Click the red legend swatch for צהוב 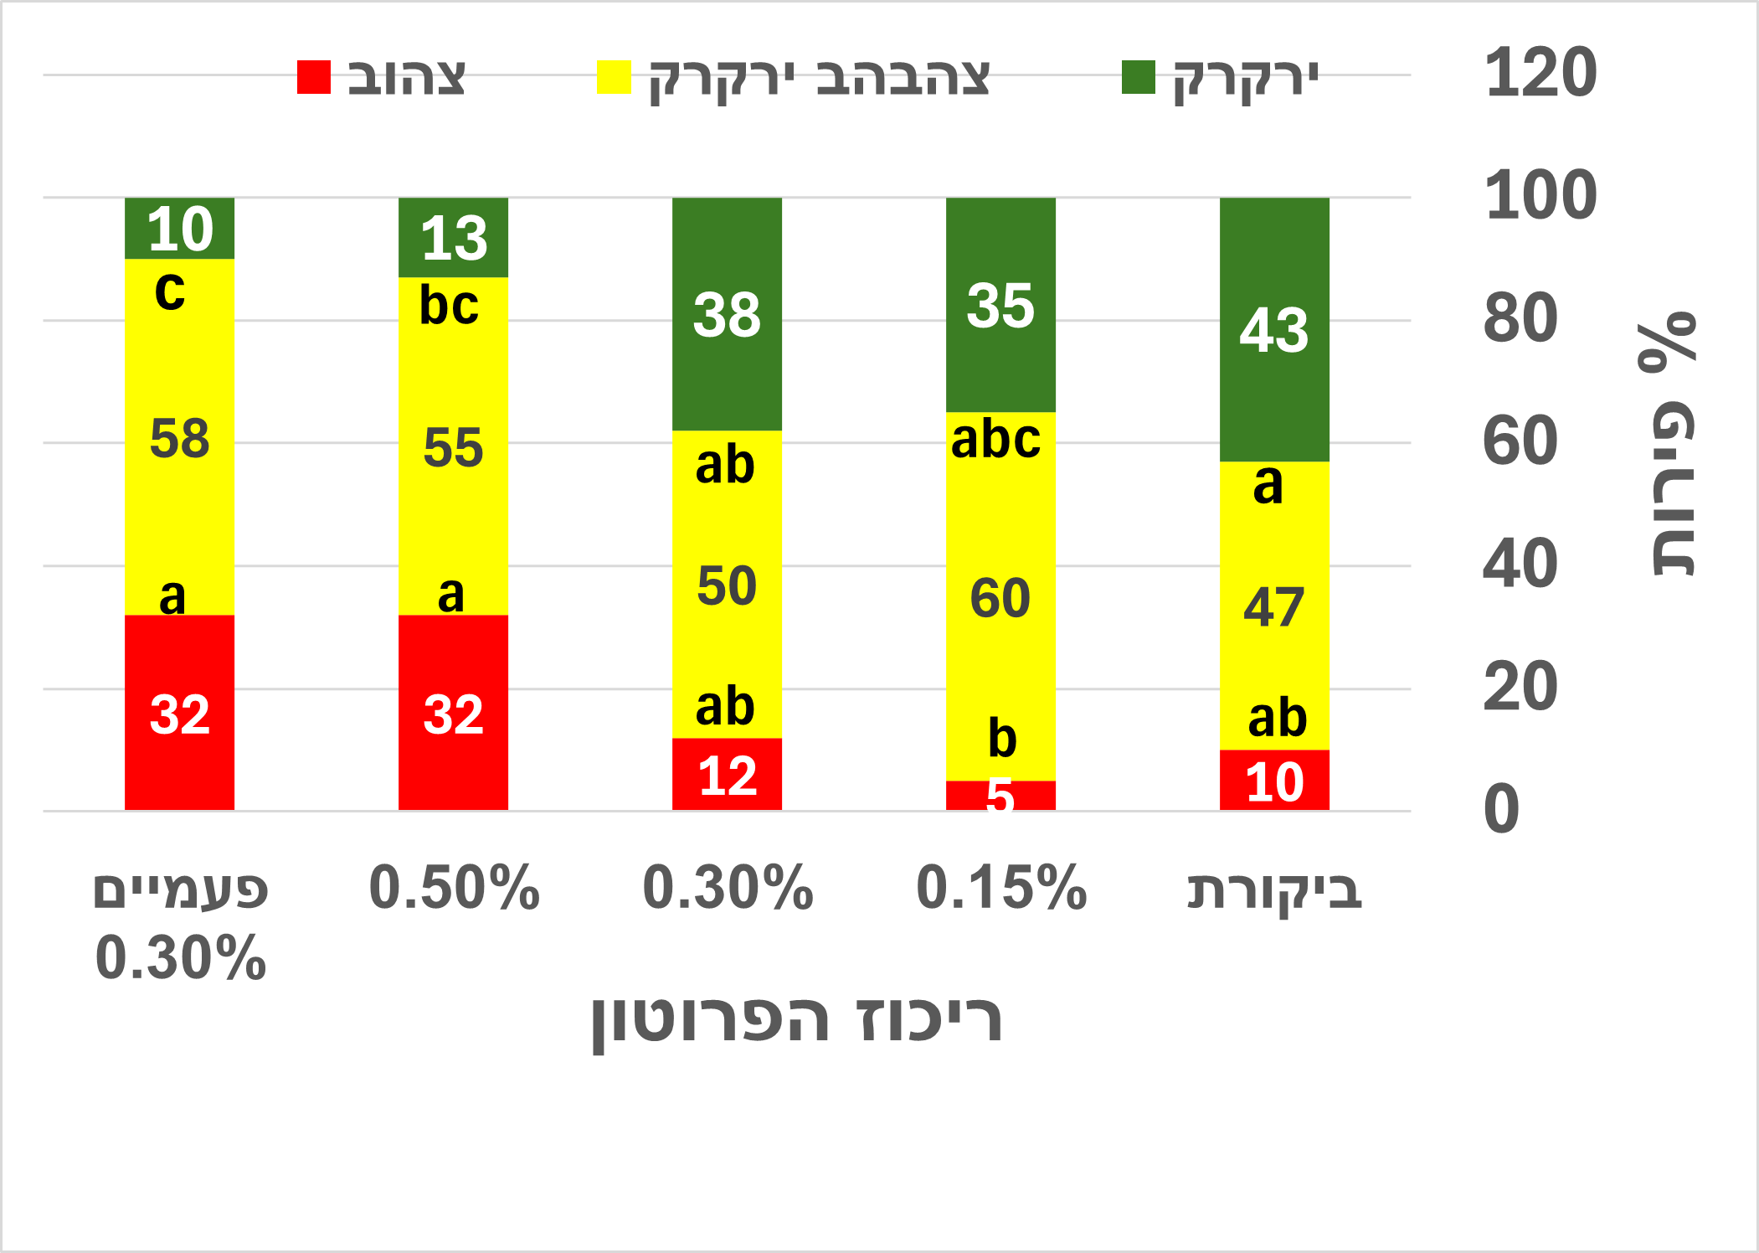tap(314, 77)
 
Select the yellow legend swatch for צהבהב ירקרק tap(614, 77)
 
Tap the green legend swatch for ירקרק tap(1139, 77)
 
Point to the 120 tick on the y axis tap(1540, 74)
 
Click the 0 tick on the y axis tap(1501, 810)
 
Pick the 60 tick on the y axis tap(1520, 442)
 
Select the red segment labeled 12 tap(727, 775)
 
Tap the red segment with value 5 tap(1000, 796)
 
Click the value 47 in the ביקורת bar tap(1273, 607)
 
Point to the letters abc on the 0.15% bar tap(995, 439)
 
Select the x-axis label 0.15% tap(1000, 888)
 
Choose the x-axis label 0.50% tap(453, 888)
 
